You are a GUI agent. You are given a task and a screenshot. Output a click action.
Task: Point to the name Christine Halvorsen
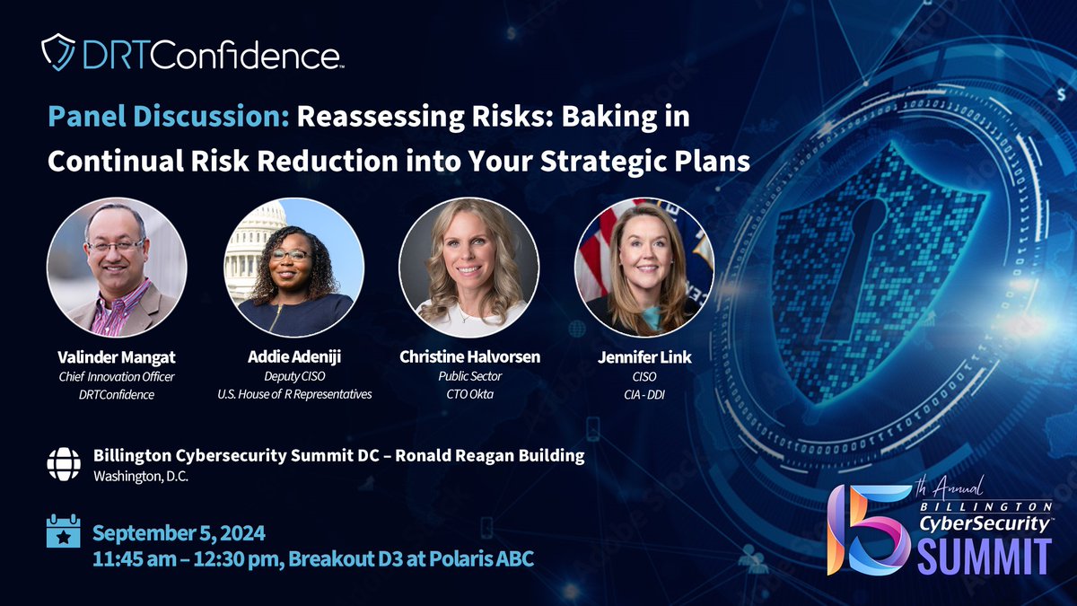point(469,357)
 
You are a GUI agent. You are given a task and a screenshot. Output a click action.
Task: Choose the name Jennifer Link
point(644,357)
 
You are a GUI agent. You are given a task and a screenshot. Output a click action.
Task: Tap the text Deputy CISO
point(293,377)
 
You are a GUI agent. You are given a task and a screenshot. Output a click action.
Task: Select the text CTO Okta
point(469,395)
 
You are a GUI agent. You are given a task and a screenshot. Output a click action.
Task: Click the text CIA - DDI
point(644,395)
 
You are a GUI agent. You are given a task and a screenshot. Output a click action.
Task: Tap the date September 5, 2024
point(179,533)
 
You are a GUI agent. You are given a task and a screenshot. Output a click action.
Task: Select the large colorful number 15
point(866,530)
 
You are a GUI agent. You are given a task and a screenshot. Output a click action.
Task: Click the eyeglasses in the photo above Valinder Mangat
point(116,244)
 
